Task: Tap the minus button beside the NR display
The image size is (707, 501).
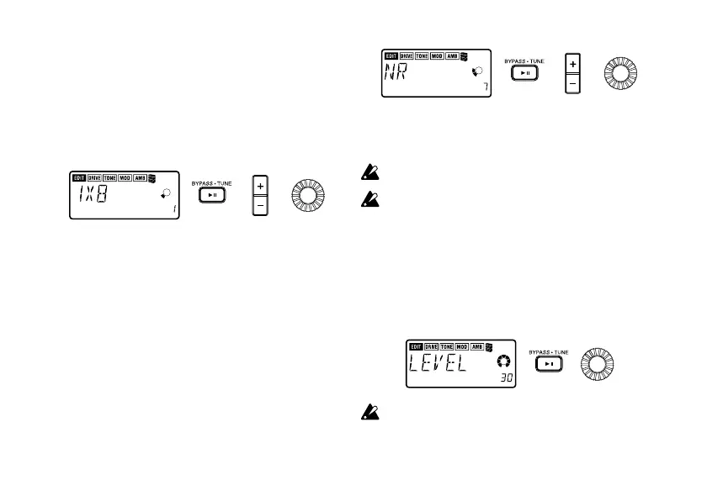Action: pyautogui.click(x=573, y=85)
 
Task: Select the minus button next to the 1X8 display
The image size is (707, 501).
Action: pyautogui.click(x=260, y=205)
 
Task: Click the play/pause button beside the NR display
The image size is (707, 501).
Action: pyautogui.click(x=524, y=74)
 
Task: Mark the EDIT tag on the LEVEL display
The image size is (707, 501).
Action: pyautogui.click(x=415, y=347)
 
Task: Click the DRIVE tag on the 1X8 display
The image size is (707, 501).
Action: pyautogui.click(x=94, y=178)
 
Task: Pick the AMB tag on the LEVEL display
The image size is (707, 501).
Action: pyautogui.click(x=477, y=347)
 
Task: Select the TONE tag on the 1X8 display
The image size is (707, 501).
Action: pyautogui.click(x=109, y=178)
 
